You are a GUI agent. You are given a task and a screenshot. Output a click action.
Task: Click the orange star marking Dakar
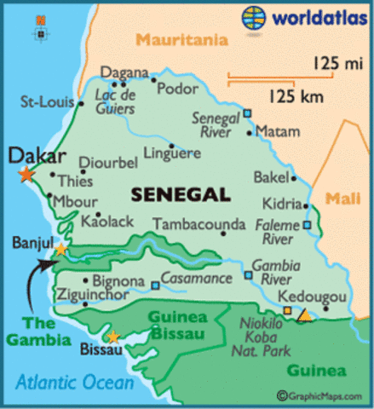point(26,175)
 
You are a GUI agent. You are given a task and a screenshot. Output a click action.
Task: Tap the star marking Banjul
point(60,250)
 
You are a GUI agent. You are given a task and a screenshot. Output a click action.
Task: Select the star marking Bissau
point(112,337)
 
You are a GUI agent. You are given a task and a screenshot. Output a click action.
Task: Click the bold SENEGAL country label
point(181,195)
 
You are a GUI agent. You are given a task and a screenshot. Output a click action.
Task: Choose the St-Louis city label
point(46,102)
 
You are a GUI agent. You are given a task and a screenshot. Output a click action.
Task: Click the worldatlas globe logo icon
point(254,17)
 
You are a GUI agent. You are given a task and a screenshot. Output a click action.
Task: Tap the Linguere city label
point(171,153)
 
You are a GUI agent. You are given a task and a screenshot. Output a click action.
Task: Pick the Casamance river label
point(196,279)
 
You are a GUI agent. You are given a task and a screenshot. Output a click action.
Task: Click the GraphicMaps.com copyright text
point(324,395)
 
